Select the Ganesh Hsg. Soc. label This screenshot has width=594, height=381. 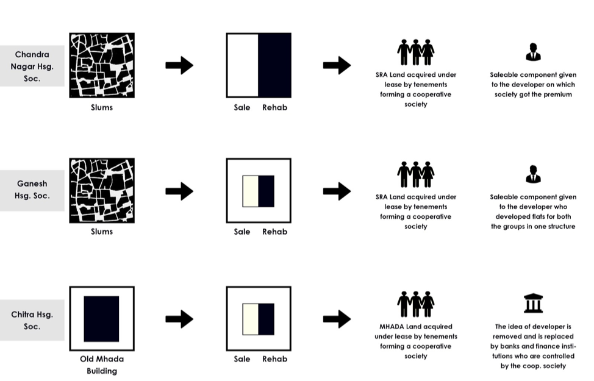pyautogui.click(x=32, y=190)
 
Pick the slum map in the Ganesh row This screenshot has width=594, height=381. pyautogui.click(x=101, y=190)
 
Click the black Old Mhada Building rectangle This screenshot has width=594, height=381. pyautogui.click(x=101, y=318)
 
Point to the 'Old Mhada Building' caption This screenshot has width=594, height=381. pyautogui.click(x=101, y=365)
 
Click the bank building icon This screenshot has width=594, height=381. pyautogui.click(x=533, y=303)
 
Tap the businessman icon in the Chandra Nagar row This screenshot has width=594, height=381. pyautogui.click(x=533, y=52)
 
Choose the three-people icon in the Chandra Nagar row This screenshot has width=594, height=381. pyautogui.click(x=415, y=52)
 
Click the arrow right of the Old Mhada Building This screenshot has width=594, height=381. pyautogui.click(x=179, y=318)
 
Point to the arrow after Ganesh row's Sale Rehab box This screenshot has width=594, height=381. pyautogui.click(x=337, y=191)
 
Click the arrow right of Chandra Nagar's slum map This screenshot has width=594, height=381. pyautogui.click(x=179, y=66)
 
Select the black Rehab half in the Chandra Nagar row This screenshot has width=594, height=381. pyautogui.click(x=274, y=65)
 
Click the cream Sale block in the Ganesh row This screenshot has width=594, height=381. pyautogui.click(x=250, y=191)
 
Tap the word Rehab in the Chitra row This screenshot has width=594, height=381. pyautogui.click(x=274, y=359)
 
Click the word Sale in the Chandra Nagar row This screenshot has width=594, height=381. pyautogui.click(x=242, y=108)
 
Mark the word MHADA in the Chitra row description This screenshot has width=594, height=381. pyautogui.click(x=393, y=327)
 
